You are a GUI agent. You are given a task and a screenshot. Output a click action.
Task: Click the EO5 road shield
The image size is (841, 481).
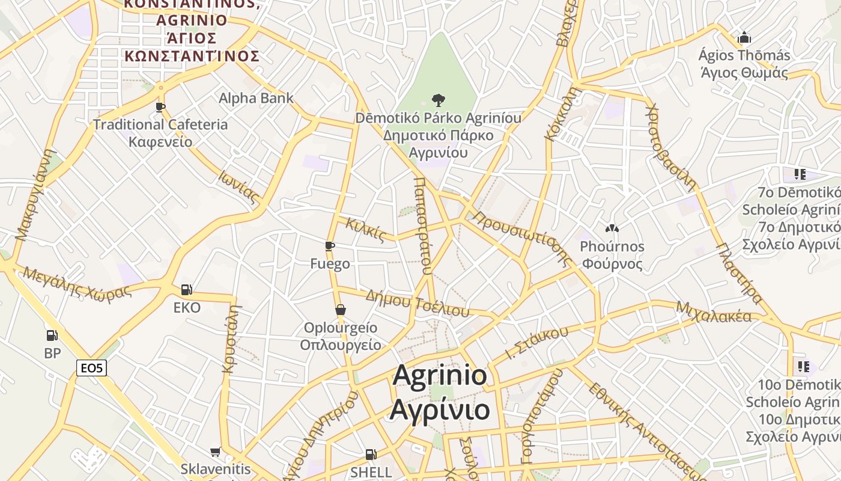point(91,368)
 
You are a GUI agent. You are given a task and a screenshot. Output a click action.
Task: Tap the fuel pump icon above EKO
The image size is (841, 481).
point(187,290)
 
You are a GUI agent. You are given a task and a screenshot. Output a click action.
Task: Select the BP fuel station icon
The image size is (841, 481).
point(52,335)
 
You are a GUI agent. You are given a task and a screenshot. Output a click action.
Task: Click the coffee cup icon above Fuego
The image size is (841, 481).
point(329,246)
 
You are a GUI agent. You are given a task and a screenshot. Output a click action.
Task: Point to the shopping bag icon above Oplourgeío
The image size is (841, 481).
point(341,310)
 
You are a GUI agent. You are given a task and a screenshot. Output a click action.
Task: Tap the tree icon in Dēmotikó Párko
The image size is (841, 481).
point(439,100)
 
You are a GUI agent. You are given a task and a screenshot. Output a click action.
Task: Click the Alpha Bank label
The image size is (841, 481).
point(256,98)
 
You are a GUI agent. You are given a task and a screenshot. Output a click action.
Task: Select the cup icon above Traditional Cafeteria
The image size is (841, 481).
point(160,107)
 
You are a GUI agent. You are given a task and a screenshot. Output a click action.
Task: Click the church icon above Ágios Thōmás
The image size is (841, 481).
point(744,38)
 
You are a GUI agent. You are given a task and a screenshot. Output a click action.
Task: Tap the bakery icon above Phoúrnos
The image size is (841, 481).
point(612,228)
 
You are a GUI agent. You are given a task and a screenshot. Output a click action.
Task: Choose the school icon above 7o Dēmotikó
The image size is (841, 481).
point(800,174)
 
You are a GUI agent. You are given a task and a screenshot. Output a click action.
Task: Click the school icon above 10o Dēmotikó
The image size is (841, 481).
point(803,366)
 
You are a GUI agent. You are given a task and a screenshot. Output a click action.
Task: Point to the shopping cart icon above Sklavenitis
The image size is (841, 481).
point(216,452)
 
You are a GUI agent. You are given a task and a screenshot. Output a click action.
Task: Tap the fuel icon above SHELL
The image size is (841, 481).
point(371,455)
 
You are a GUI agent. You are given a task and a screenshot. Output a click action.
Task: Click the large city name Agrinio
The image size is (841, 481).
point(440,376)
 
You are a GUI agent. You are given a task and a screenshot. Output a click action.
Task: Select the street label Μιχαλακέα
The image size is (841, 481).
point(714,311)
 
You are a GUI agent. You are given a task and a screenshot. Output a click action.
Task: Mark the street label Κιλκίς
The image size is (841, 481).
point(365,230)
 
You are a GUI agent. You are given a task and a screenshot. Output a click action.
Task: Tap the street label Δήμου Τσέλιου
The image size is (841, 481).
point(417,302)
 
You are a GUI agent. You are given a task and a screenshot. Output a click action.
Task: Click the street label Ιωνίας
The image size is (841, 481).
point(238,187)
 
